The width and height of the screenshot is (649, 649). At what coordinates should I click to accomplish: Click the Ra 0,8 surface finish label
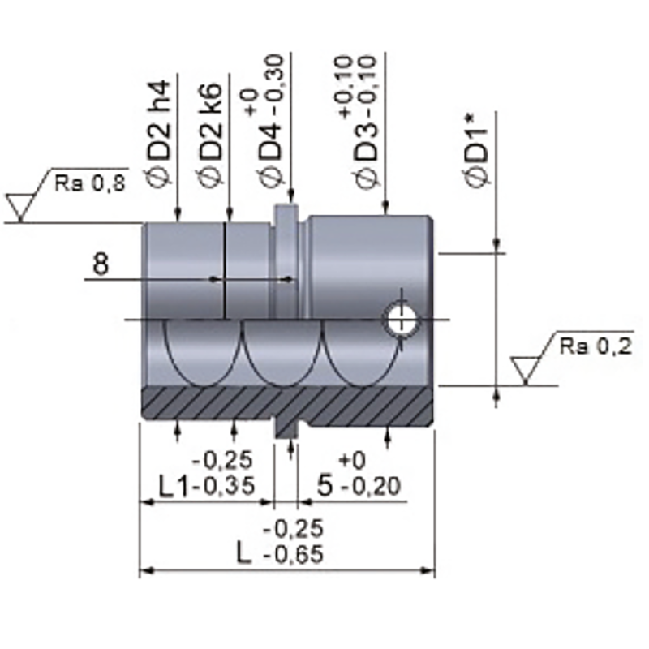click(x=91, y=183)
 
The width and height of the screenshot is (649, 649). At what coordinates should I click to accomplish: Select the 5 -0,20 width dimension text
click(x=357, y=486)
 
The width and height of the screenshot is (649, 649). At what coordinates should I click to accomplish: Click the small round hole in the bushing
click(x=402, y=319)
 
